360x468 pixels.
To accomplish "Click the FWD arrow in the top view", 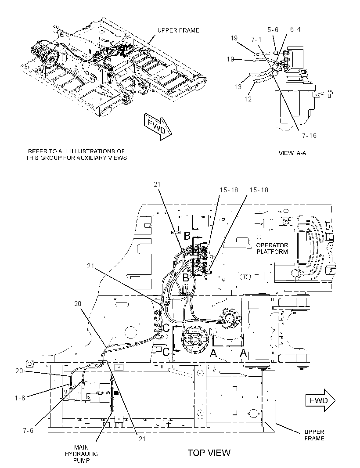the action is (x=320, y=400).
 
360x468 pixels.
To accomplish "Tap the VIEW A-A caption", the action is (x=292, y=153).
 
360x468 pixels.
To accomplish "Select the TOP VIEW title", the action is (x=209, y=453).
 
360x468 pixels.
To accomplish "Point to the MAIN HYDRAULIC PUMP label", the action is (x=81, y=454).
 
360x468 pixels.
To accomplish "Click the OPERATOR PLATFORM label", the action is (x=272, y=248).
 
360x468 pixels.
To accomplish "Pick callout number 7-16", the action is (x=309, y=136).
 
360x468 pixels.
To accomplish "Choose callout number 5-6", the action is (x=273, y=29).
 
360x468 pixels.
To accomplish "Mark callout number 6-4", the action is (x=295, y=29).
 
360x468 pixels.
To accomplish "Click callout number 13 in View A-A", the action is (x=238, y=87).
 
